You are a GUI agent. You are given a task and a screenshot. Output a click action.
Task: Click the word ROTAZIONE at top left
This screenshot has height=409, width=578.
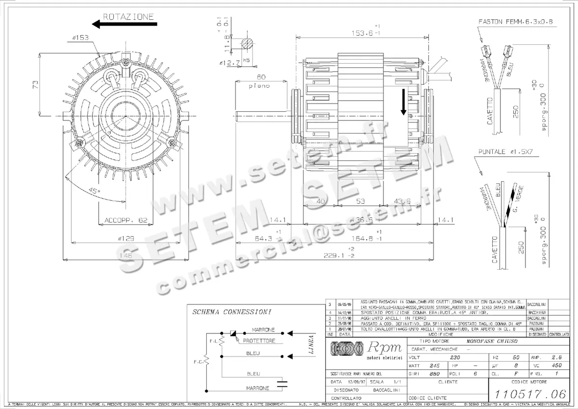[x=128, y=16]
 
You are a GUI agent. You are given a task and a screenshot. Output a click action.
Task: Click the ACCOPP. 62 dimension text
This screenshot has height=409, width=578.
[x=126, y=221]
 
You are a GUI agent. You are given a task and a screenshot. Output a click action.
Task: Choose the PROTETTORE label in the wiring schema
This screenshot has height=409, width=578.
[x=259, y=341]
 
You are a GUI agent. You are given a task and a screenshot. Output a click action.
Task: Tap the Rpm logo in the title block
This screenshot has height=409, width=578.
[x=366, y=350]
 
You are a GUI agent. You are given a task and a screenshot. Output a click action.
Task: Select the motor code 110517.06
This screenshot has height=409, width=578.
[x=528, y=394]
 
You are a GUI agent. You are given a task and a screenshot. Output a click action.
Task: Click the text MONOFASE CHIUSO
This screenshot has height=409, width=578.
[x=490, y=341]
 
